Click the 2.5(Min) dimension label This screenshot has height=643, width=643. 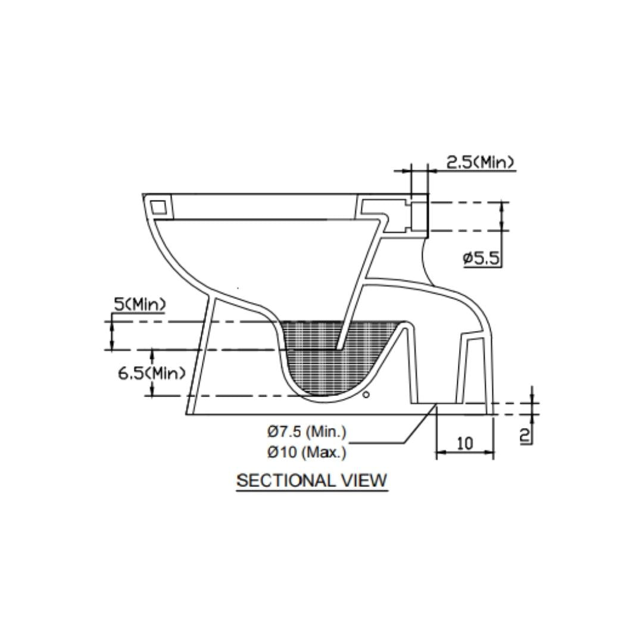480,163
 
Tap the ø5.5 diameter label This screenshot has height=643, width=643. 482,258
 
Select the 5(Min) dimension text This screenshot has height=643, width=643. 140,304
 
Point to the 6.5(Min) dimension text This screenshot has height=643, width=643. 152,373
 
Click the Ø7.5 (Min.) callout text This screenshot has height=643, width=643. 307,432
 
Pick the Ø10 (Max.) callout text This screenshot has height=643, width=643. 307,452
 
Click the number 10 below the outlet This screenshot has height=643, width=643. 464,443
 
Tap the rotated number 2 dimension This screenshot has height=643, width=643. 525,435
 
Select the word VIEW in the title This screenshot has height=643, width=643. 364,480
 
